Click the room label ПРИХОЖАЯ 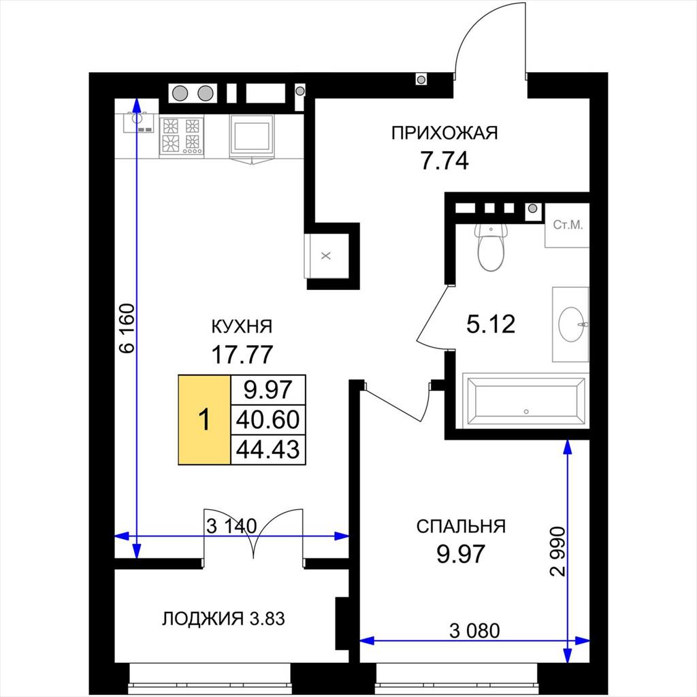[x=444, y=133]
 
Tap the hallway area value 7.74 [x=444, y=161]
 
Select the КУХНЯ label [x=242, y=327]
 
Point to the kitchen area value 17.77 [x=242, y=354]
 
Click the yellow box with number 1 [x=204, y=419]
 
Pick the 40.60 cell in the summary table [x=268, y=419]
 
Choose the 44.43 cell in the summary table [x=268, y=449]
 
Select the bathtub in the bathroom [x=526, y=401]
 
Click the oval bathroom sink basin [x=571, y=325]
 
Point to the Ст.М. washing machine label [x=568, y=225]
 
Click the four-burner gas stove [x=181, y=135]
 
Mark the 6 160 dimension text [x=127, y=328]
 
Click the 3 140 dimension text [x=231, y=526]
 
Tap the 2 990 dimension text [x=557, y=551]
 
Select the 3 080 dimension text [x=474, y=630]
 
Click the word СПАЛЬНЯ [x=461, y=526]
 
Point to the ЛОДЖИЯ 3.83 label [x=223, y=618]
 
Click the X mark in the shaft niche [x=326, y=256]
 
